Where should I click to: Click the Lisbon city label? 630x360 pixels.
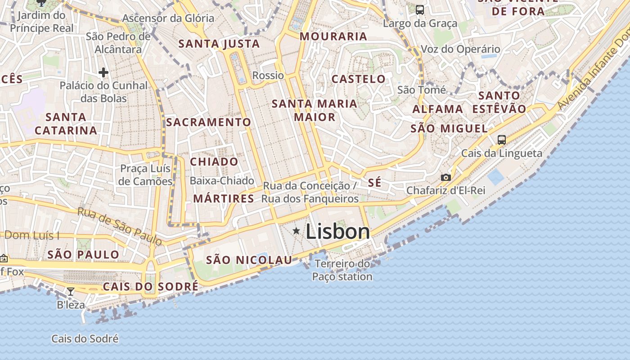click(x=337, y=232)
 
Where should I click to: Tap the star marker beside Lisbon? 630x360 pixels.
click(x=296, y=231)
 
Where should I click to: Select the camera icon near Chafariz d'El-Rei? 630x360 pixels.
click(x=446, y=177)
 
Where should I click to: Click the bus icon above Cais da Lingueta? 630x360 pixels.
click(x=502, y=139)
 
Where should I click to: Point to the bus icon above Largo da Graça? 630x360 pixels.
click(x=420, y=9)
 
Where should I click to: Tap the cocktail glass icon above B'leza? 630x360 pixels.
click(x=71, y=292)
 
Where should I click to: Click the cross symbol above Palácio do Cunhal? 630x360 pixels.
click(x=103, y=72)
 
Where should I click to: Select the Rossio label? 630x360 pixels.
click(x=268, y=75)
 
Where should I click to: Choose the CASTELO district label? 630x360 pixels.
click(x=359, y=79)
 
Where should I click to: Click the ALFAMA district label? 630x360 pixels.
click(x=438, y=109)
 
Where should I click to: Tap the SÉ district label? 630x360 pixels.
click(x=374, y=183)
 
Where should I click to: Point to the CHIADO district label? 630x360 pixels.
click(x=214, y=162)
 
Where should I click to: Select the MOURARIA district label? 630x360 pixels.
click(x=333, y=36)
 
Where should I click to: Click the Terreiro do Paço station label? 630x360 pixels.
click(x=342, y=270)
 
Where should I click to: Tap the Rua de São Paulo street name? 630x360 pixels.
click(x=120, y=226)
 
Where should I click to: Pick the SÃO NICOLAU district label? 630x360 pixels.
click(x=249, y=260)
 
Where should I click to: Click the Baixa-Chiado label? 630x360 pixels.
click(x=222, y=181)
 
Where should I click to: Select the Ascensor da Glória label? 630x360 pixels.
click(x=168, y=18)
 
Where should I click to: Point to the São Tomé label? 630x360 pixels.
click(x=422, y=90)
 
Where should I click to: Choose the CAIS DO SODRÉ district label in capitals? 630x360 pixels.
click(x=150, y=287)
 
